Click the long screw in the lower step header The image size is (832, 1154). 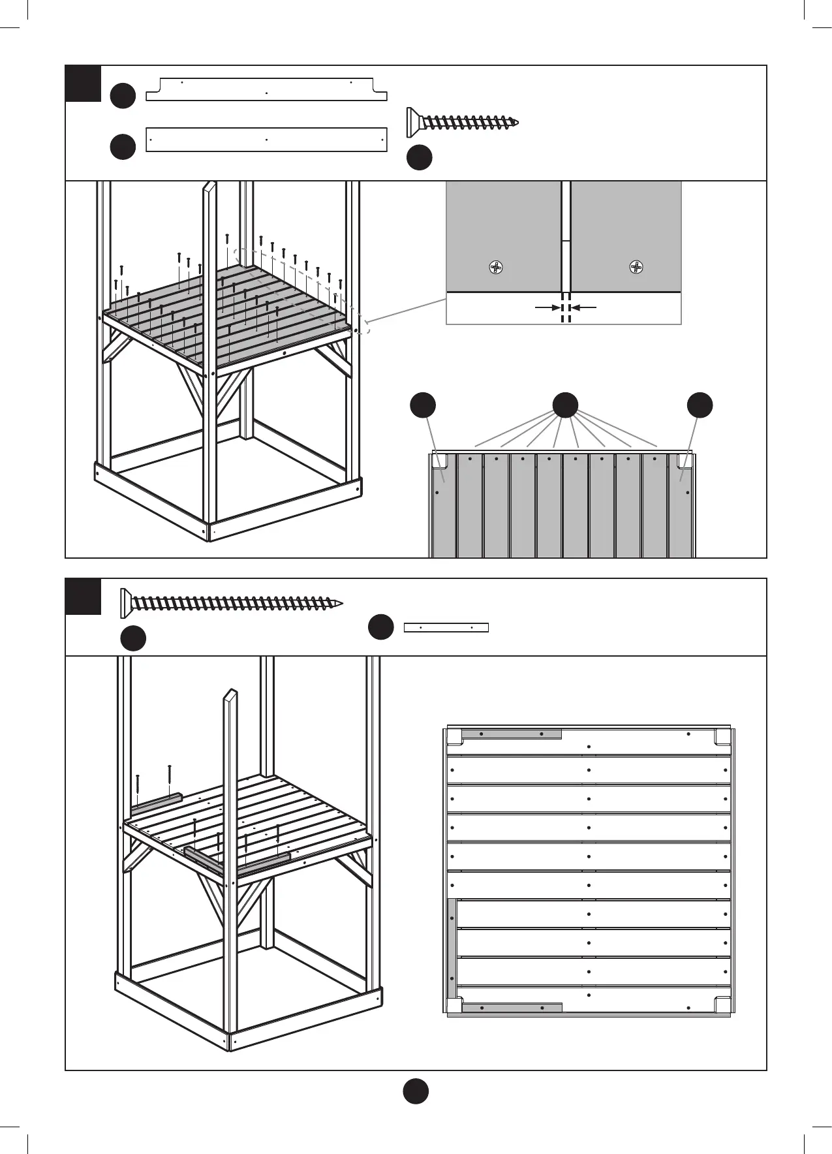pos(232,602)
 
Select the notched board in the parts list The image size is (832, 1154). pos(266,90)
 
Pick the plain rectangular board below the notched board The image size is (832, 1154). pos(266,140)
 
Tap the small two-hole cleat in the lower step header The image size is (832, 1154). pos(446,628)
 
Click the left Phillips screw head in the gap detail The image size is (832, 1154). pos(497,267)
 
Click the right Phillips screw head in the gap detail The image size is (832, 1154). pos(636,267)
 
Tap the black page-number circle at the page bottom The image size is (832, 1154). pos(416,1091)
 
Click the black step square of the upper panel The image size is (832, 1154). pos(84,84)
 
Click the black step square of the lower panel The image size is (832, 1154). pos(84,597)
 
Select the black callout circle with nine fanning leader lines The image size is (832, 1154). pos(565,405)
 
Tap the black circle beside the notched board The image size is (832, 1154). pos(123,95)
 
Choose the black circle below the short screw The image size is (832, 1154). pos(420,157)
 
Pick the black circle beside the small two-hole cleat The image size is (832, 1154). pos(381,627)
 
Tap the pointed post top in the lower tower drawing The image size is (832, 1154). pos(230,694)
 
